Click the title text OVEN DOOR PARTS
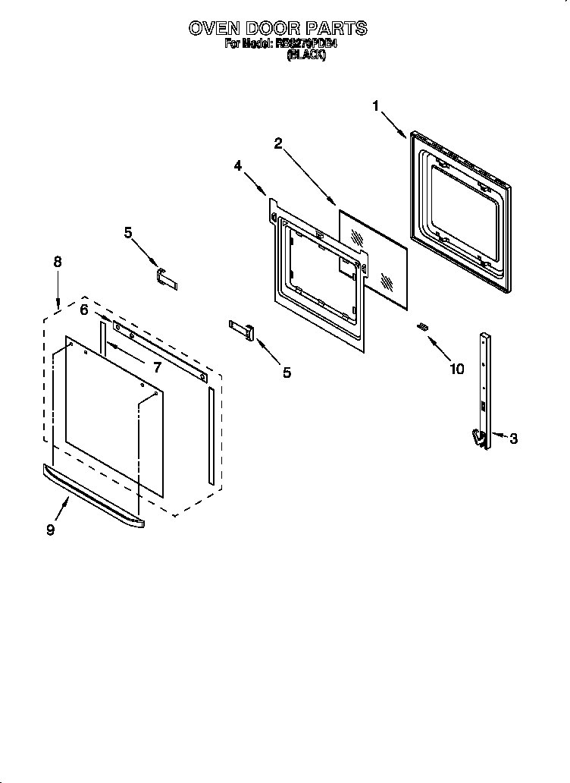[x=277, y=29]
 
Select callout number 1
[x=375, y=106]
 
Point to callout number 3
[x=513, y=439]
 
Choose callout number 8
[x=58, y=262]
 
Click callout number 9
[x=50, y=530]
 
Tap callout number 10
[x=456, y=369]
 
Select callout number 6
[x=84, y=309]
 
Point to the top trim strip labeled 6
[x=159, y=348]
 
